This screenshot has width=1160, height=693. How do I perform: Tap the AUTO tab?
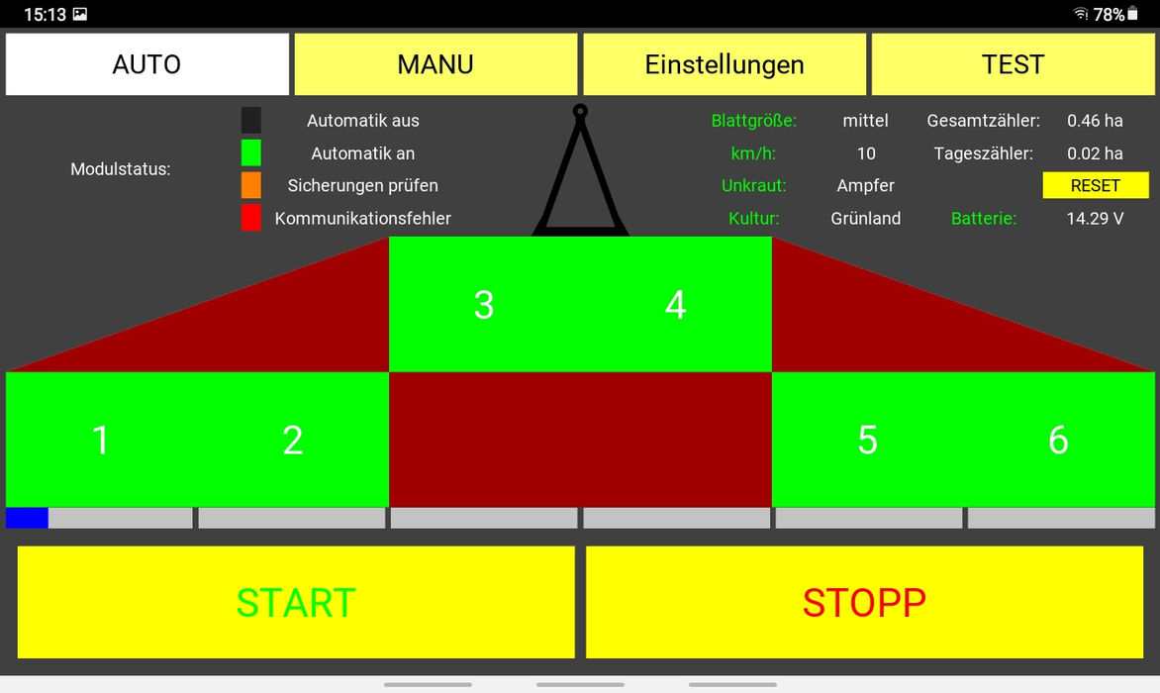[x=146, y=64]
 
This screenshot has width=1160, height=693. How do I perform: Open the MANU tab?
[x=435, y=64]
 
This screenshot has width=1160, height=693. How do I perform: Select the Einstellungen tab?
[x=725, y=64]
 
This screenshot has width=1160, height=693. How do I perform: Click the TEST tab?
[x=1013, y=64]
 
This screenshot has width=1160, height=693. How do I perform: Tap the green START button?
[x=296, y=602]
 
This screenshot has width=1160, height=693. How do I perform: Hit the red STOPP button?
[x=864, y=602]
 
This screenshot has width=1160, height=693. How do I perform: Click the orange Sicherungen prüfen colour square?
[x=251, y=185]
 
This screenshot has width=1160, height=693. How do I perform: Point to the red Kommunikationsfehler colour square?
[x=251, y=218]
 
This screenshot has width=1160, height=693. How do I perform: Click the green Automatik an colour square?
[x=251, y=152]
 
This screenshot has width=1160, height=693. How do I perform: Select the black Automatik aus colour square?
[x=251, y=121]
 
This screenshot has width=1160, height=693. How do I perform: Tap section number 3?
[x=483, y=305]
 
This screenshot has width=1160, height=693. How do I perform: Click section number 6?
[x=1058, y=440]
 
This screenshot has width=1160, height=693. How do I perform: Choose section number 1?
[x=101, y=440]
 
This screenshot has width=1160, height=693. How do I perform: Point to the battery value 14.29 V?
[x=1095, y=219]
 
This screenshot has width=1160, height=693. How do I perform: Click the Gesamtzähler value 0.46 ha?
[x=1095, y=121]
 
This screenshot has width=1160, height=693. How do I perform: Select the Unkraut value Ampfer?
[x=865, y=185]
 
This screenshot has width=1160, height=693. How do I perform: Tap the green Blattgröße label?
[x=753, y=121]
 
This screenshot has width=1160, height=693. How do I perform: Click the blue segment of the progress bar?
[x=27, y=518]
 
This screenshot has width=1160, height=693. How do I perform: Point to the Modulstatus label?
[x=121, y=169]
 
